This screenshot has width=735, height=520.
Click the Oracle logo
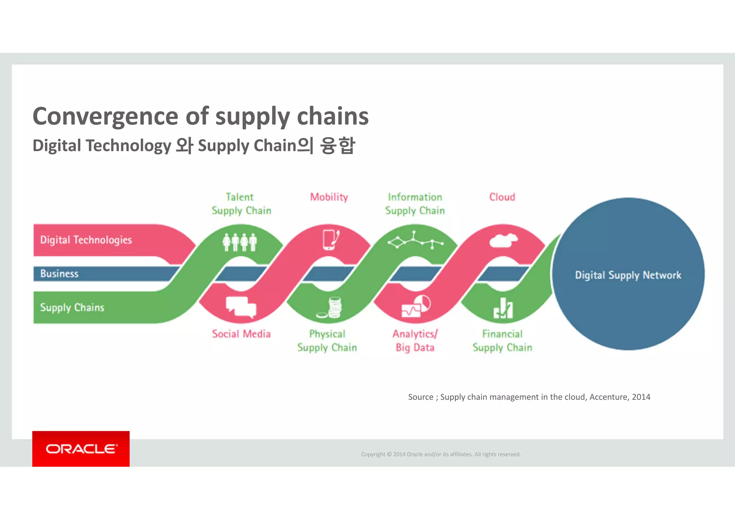[81, 449]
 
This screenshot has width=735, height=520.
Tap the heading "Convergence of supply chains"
[200, 116]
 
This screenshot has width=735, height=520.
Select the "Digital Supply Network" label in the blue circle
[628, 275]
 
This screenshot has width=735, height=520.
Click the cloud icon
[503, 240]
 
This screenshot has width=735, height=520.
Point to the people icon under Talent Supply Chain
[240, 242]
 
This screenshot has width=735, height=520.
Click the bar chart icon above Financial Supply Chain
[503, 308]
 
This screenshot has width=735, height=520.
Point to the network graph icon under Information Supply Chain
[415, 240]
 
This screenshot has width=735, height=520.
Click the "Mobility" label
[329, 197]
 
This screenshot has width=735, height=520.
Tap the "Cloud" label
[502, 197]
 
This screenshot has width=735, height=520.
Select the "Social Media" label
[241, 334]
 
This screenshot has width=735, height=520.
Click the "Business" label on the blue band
[59, 274]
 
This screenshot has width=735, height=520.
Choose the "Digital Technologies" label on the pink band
[86, 240]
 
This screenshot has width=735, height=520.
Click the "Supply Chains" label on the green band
[72, 308]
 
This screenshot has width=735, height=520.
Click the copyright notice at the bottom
[441, 454]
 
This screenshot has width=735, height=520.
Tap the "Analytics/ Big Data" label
[415, 341]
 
